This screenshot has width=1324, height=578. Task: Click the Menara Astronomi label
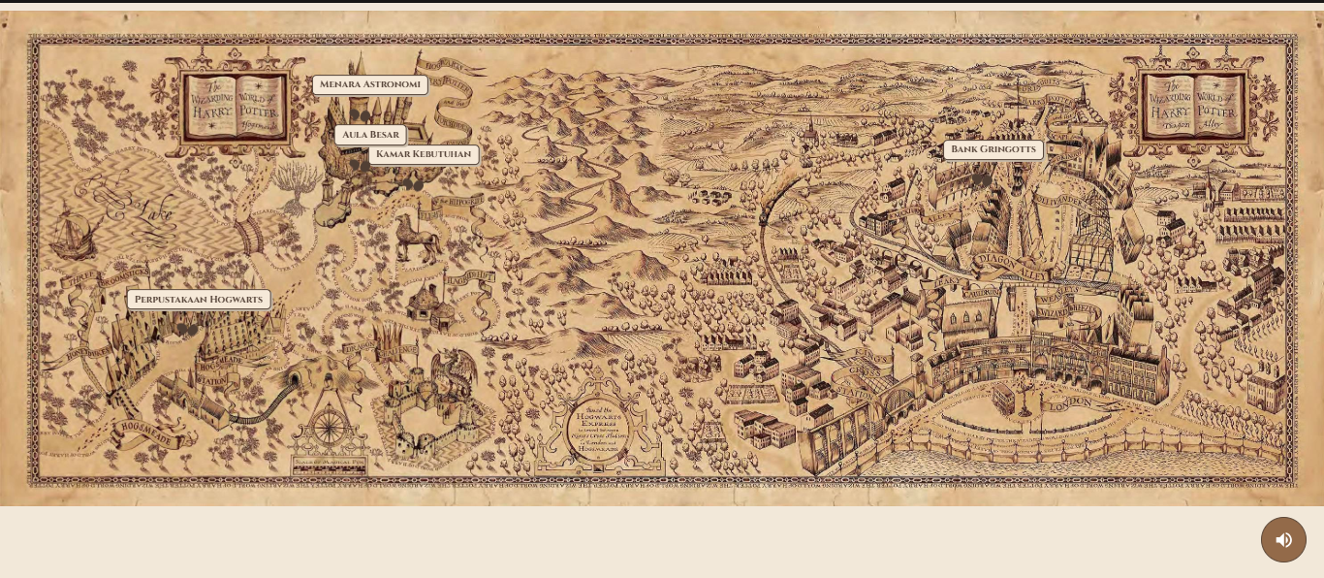coord(369,84)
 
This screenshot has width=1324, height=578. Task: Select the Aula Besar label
coord(370,135)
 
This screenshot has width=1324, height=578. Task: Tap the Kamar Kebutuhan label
coord(424,154)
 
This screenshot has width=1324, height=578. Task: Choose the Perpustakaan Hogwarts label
coord(199,300)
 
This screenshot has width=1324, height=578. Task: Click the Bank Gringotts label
coord(993,149)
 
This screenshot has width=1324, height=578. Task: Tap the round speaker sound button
coord(1283,539)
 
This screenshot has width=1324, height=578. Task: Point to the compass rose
coord(330,427)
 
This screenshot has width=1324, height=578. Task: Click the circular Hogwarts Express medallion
coord(598,429)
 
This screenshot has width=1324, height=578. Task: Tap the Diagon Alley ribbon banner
coord(1010,267)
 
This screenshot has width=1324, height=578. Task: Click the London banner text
coord(1070,402)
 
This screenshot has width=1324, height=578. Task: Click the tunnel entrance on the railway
coord(295,377)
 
